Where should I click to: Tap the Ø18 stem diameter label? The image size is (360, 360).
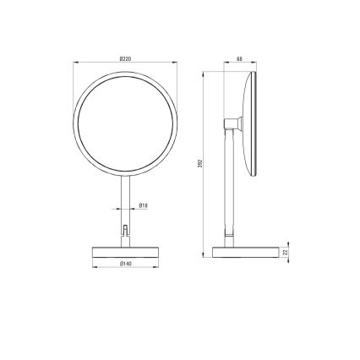pos(144,205)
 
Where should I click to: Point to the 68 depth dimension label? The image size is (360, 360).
pos(239,58)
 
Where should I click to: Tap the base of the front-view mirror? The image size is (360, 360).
pos(125,252)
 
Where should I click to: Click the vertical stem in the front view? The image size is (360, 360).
pos(125,199)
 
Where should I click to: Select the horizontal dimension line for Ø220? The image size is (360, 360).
pos(125,63)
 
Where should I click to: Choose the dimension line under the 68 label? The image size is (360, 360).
pos(239,64)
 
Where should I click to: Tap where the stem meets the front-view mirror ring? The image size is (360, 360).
pos(125,172)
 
